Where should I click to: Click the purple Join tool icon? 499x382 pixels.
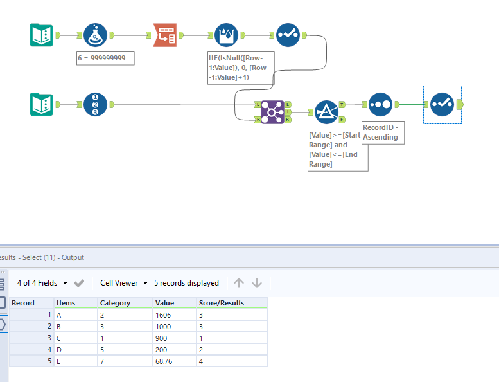coord(272,111)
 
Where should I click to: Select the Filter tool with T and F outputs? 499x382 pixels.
coord(326,111)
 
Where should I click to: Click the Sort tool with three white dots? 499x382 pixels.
coord(379,104)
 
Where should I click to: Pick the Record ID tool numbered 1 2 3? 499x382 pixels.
coord(95,104)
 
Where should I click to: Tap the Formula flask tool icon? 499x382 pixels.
coord(95,35)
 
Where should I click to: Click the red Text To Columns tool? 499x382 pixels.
coord(164,35)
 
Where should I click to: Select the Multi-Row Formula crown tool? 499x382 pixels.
coord(226,35)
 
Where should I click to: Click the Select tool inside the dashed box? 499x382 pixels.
coord(442,104)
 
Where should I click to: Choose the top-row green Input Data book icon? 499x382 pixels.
coord(42,35)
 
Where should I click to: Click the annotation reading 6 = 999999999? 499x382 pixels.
coord(105,58)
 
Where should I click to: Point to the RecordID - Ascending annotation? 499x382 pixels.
coord(383,132)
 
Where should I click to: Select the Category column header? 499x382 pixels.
coord(116,303)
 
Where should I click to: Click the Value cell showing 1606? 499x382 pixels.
coord(164,314)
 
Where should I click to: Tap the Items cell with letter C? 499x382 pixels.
coord(60,338)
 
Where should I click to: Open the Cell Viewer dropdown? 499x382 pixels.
coord(123,283)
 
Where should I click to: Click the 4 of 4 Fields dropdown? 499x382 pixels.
coord(42,283)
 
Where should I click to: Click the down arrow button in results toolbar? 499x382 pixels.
coord(257,283)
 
